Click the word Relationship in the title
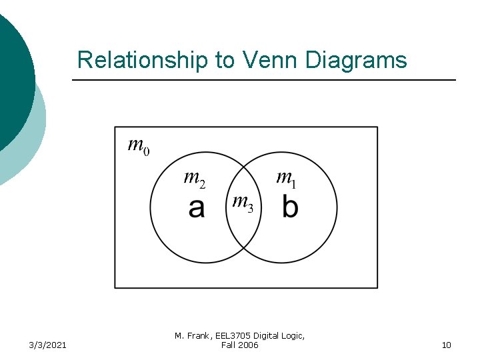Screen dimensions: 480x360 coord(142,60)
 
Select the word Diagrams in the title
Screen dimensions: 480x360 coord(356,60)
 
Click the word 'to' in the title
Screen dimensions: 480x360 coord(224,60)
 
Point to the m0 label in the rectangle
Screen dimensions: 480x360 coord(138,145)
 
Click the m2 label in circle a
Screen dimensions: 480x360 coord(194,178)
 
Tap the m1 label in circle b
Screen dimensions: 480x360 coord(287,178)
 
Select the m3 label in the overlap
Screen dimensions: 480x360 coord(241,203)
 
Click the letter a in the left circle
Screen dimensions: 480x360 coord(196,208)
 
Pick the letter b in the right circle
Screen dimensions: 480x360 coord(290,206)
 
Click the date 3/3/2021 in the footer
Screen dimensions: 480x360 coord(47,345)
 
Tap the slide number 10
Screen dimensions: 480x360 coord(446,345)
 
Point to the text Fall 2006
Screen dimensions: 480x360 coord(239,345)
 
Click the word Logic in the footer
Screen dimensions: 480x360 coord(293,336)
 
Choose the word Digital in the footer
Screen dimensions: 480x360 coord(265,336)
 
